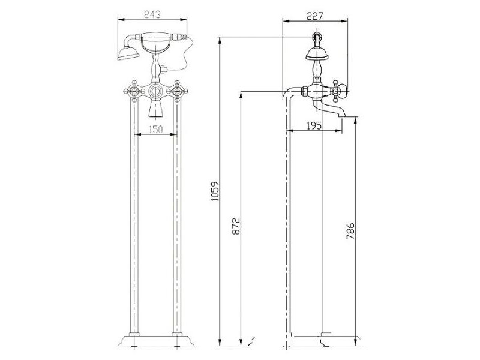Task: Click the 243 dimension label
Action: (x=152, y=14)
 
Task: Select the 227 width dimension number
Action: (x=314, y=16)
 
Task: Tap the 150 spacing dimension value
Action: (x=156, y=130)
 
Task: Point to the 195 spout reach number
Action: (x=314, y=125)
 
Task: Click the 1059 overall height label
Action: (x=215, y=191)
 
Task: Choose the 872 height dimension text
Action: (x=236, y=226)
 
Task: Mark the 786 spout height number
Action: (x=350, y=231)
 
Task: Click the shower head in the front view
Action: (x=128, y=53)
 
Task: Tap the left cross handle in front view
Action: (x=134, y=91)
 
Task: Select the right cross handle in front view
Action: (x=177, y=91)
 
